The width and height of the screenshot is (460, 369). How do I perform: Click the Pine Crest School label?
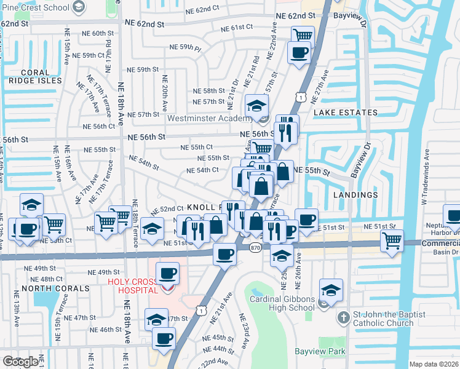point(34,7)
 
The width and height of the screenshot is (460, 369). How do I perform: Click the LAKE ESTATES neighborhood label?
point(345,113)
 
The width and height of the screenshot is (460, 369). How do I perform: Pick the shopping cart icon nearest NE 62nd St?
point(303,36)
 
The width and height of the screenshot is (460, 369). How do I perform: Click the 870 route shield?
point(256,247)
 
